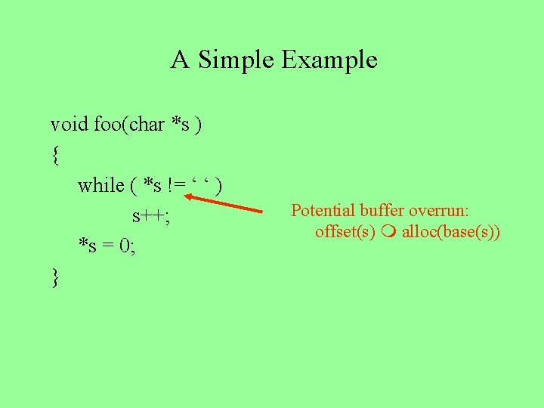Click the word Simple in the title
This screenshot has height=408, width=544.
(x=236, y=60)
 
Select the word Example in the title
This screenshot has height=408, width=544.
(x=329, y=60)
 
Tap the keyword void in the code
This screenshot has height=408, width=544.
(x=70, y=124)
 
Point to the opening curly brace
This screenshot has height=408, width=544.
(x=54, y=156)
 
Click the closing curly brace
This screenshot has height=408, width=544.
(x=54, y=277)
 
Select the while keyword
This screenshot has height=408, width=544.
(x=102, y=185)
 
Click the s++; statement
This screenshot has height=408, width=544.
(x=151, y=216)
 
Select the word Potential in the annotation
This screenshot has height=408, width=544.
(x=323, y=210)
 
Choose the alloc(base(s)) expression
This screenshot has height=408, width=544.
(x=451, y=231)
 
